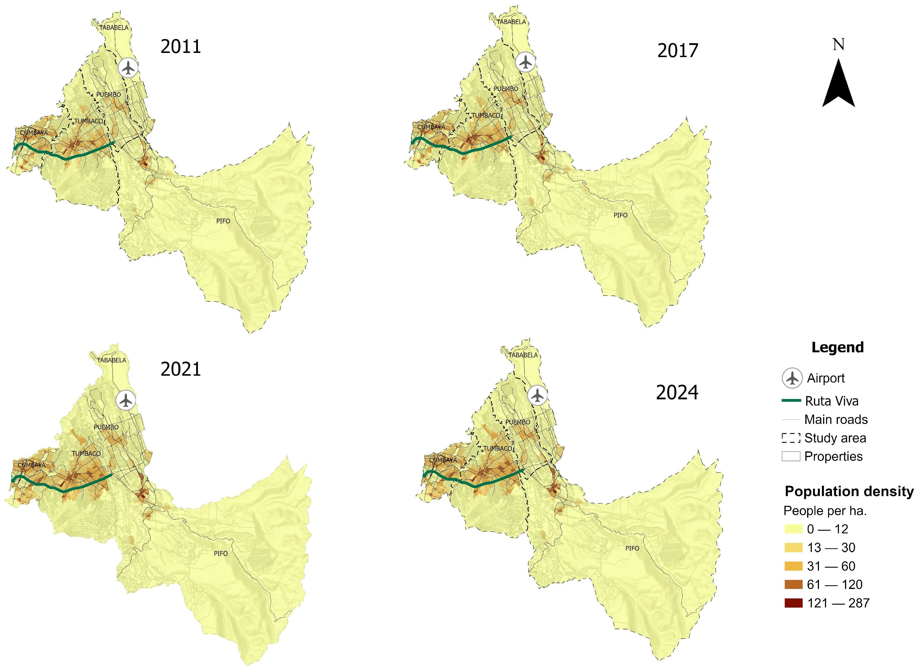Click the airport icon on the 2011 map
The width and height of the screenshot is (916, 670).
click(x=128, y=68)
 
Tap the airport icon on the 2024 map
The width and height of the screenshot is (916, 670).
click(x=537, y=395)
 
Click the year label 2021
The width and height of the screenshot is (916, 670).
click(x=180, y=369)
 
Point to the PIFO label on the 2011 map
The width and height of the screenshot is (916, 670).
click(x=223, y=221)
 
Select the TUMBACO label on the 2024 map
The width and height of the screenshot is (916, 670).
click(x=497, y=448)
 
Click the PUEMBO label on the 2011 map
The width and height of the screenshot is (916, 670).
click(x=108, y=94)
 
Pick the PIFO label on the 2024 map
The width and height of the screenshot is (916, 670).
click(x=632, y=548)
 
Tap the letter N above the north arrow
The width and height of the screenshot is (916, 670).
click(x=838, y=44)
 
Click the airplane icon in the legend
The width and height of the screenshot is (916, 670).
click(x=792, y=378)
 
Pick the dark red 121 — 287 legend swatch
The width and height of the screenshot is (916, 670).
click(x=794, y=603)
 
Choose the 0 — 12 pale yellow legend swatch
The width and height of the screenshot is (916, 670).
click(x=794, y=529)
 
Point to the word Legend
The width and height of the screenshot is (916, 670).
click(x=837, y=348)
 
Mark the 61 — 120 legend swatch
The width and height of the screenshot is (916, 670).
click(x=794, y=585)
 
